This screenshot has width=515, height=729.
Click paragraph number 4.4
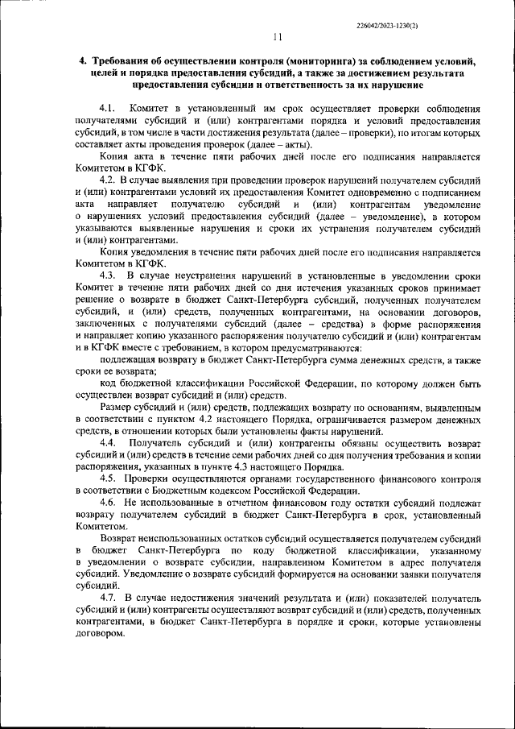pyautogui.click(x=109, y=444)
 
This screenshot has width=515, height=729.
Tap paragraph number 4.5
pyautogui.click(x=109, y=478)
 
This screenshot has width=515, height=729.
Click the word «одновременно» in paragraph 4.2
pyautogui.click(x=369, y=193)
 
